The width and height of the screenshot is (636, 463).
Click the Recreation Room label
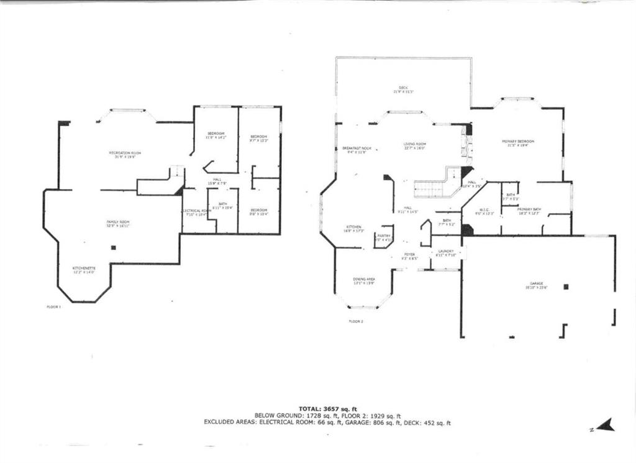(x=122, y=153)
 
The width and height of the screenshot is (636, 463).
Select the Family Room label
(x=117, y=222)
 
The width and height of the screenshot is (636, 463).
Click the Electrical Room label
(x=197, y=211)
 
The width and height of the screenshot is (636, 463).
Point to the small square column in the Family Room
(x=113, y=248)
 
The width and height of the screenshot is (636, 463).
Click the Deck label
(x=403, y=88)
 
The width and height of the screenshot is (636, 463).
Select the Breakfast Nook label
(x=357, y=149)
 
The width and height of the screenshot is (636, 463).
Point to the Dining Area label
(x=363, y=279)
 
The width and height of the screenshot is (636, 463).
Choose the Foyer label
(x=409, y=254)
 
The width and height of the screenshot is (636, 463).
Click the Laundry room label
(x=445, y=252)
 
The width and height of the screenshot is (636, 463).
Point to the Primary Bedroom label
(x=518, y=142)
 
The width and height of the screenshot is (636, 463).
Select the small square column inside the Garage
(x=565, y=287)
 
